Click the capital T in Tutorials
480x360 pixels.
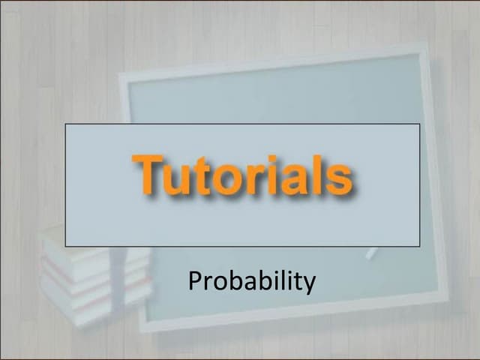point(149,174)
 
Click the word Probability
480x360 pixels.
point(252,282)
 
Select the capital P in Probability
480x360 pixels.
point(194,281)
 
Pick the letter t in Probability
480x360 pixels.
point(298,282)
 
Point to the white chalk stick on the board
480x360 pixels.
point(371,253)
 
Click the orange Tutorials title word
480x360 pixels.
point(241,175)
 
